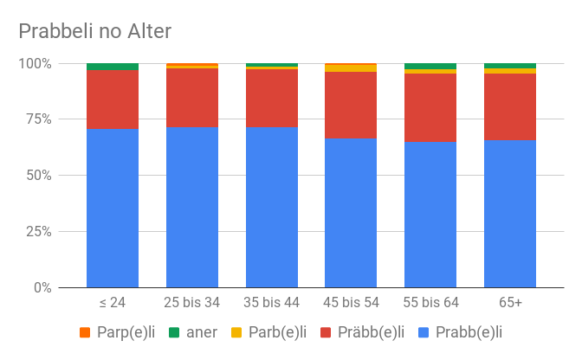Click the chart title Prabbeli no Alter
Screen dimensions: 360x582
click(x=95, y=31)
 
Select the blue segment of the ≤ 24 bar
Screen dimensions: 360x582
click(x=113, y=208)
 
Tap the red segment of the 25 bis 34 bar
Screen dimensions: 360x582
click(x=192, y=97)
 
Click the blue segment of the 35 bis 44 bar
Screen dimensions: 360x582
click(x=272, y=208)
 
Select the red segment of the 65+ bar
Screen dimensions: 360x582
click(x=510, y=106)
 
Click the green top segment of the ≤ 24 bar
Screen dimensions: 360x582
click(x=113, y=67)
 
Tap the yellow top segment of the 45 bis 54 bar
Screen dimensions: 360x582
click(x=351, y=67)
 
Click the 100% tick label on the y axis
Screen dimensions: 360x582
click(x=36, y=64)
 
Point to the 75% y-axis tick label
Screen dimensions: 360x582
click(x=39, y=120)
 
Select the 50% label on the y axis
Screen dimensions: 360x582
click(x=39, y=176)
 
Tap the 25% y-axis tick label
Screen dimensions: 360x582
click(x=39, y=232)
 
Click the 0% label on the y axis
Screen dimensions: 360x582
click(x=42, y=287)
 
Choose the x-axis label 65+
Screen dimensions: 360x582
click(x=510, y=302)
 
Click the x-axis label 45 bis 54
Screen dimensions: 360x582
click(x=351, y=302)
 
